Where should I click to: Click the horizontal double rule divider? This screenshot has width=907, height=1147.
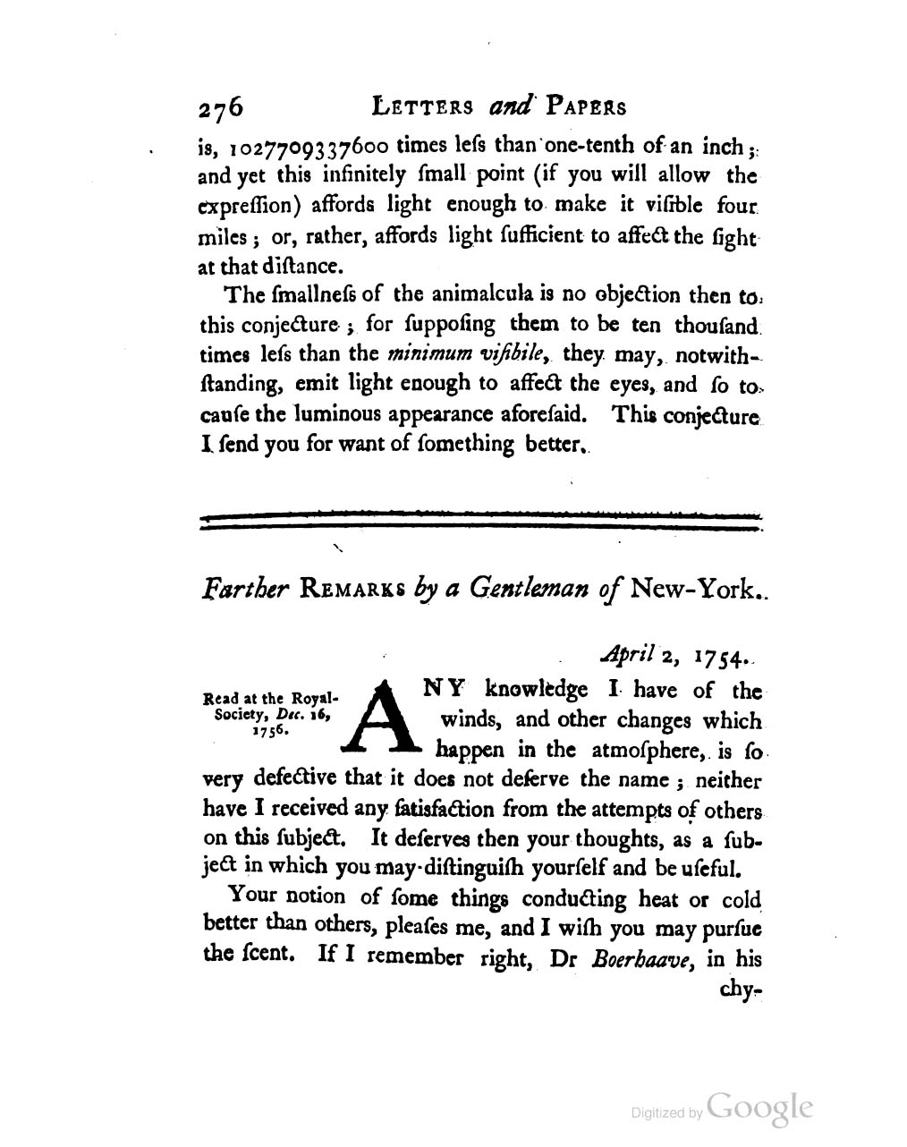click(481, 521)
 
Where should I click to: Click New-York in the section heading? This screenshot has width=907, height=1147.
click(692, 590)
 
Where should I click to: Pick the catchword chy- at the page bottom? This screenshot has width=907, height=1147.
click(742, 992)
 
